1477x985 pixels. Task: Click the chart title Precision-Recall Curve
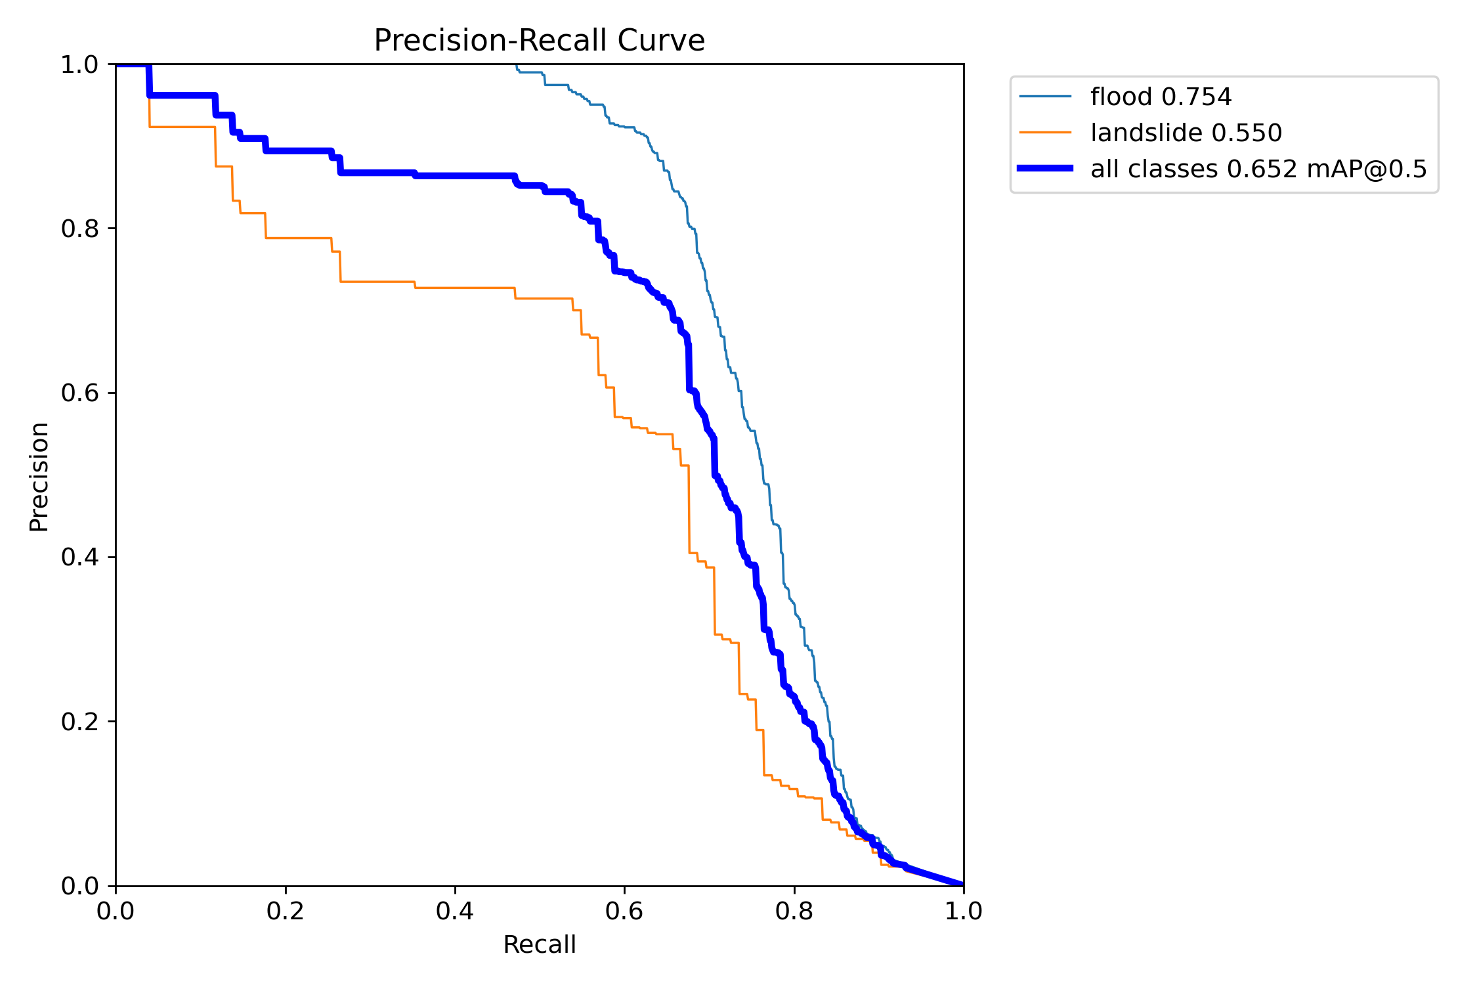coord(539,41)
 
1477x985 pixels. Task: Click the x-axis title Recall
coord(539,945)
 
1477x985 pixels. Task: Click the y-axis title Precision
coord(39,476)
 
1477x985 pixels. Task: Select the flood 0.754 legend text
coord(1161,97)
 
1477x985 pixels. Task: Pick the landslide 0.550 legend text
coord(1186,133)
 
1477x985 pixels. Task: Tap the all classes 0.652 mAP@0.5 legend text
coord(1258,169)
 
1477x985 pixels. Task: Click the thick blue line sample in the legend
coord(1045,169)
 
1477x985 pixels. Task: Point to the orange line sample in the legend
coord(1045,133)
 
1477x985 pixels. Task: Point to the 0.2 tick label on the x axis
coord(286,911)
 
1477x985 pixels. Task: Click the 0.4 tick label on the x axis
coord(455,911)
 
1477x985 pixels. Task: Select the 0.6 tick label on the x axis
coord(624,911)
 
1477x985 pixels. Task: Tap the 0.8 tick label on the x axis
coord(794,911)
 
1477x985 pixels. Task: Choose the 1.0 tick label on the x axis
coord(964,911)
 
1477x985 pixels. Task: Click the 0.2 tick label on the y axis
coord(79,722)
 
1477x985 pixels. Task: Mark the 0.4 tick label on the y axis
coord(79,558)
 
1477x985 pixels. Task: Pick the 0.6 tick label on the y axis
coord(79,393)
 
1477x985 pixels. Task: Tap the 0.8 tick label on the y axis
coord(79,229)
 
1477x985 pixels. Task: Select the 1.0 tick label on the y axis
coord(79,65)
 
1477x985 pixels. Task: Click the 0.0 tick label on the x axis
coord(116,911)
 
